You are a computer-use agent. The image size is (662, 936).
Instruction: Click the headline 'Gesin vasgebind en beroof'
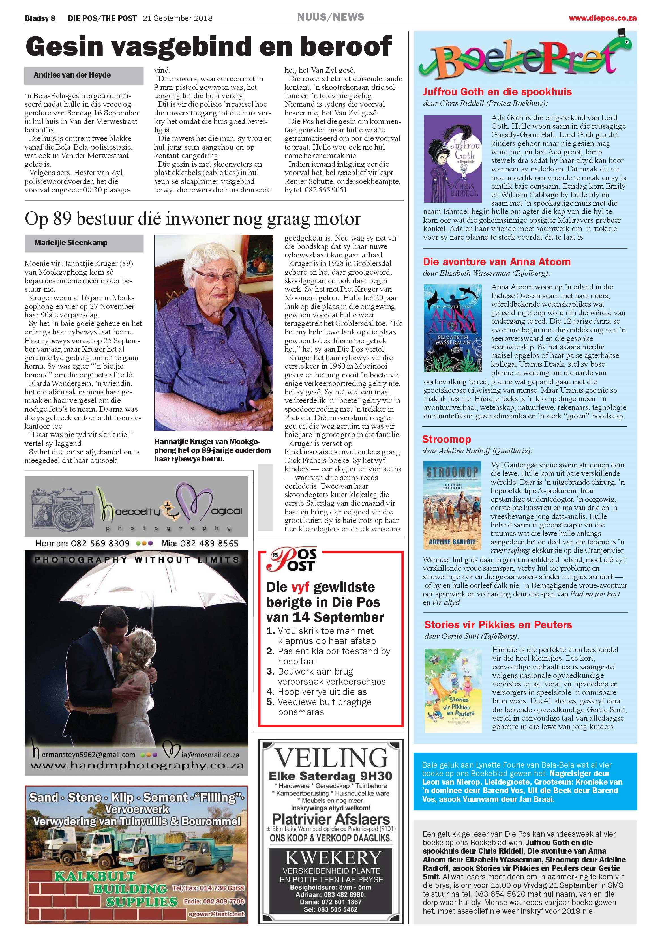tap(208, 47)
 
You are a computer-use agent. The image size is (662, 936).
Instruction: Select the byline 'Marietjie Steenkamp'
tap(70, 243)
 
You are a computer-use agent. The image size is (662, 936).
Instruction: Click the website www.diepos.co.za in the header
tap(603, 18)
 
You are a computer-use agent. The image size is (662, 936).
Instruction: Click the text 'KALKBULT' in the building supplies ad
tap(95, 876)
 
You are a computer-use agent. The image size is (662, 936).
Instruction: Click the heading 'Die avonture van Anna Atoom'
tap(496, 262)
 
